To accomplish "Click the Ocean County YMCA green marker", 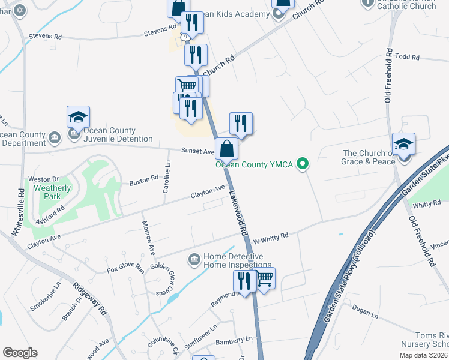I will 303,163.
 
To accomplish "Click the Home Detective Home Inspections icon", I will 194,259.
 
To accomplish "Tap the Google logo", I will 20,353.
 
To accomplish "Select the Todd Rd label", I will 406,56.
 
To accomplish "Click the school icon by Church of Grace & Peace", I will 403,144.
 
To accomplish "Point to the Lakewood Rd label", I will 238,212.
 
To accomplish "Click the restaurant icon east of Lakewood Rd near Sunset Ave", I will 241,123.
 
